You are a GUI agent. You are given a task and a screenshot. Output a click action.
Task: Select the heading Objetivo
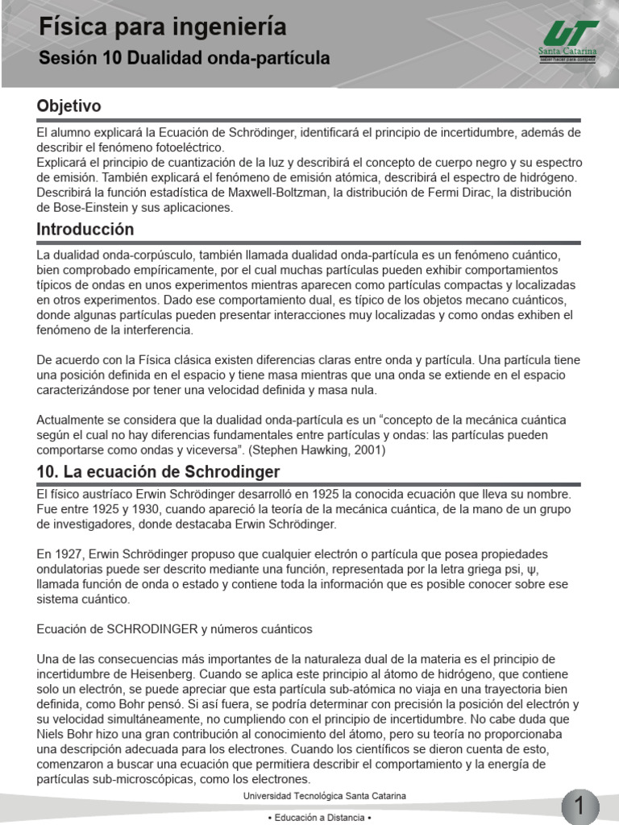coord(69,106)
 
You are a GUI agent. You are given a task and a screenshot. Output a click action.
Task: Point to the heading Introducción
coord(85,229)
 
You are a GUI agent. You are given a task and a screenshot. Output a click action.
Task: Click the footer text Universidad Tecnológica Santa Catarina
coord(324,796)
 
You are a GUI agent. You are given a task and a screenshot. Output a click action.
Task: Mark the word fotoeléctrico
coord(185,147)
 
